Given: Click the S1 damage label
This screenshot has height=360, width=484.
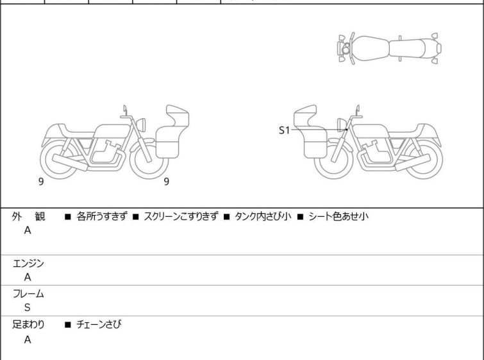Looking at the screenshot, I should tap(284, 130).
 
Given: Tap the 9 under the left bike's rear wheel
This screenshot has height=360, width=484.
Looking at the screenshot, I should tap(41, 182).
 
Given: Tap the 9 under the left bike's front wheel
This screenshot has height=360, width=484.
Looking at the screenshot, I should tap(167, 182).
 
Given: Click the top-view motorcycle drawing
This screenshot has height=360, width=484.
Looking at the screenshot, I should tap(389, 47).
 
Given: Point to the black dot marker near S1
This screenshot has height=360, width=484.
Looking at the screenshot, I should tap(346, 130).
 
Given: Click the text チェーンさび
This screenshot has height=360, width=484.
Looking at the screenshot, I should tap(99, 325).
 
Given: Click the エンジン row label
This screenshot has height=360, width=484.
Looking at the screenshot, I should tap(29, 264).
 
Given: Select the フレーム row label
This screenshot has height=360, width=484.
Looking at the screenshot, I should tap(29, 295).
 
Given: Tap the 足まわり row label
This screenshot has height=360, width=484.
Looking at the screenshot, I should tap(29, 325).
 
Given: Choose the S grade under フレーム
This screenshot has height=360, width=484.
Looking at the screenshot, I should tap(28, 307).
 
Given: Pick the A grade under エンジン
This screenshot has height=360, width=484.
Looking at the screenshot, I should tap(28, 277).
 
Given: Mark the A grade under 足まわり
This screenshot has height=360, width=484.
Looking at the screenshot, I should tap(28, 339).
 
